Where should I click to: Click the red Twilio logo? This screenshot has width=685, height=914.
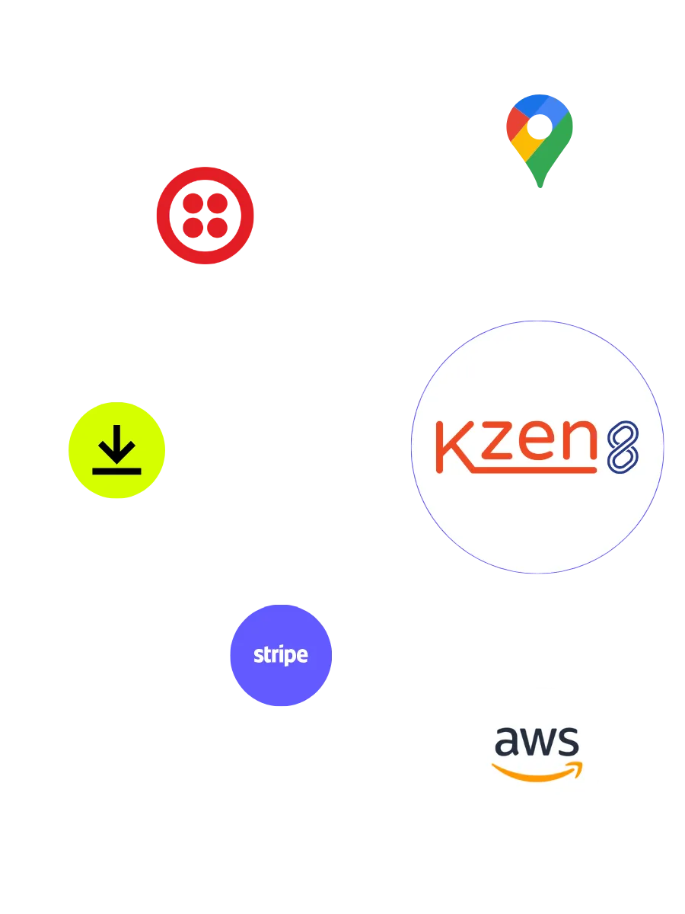click(x=204, y=216)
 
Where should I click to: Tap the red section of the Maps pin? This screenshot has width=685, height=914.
click(x=516, y=121)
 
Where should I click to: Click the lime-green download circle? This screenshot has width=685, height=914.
click(x=116, y=450)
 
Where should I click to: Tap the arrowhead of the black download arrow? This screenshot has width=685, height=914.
click(x=116, y=455)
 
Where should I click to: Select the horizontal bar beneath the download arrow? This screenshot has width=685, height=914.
click(x=116, y=471)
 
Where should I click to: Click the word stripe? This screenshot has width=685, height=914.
click(x=281, y=655)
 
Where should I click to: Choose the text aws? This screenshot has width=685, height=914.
click(x=537, y=740)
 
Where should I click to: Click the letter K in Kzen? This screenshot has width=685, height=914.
click(x=455, y=446)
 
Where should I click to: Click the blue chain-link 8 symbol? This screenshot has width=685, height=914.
click(x=622, y=446)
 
